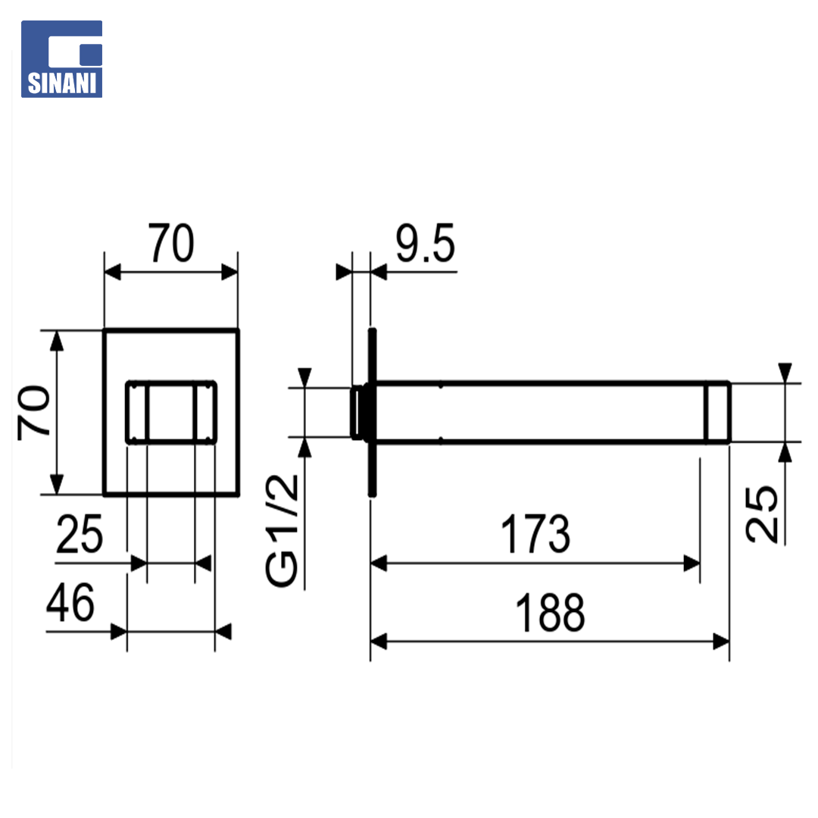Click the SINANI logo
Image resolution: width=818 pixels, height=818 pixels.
61,59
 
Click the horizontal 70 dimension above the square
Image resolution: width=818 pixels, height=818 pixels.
171,243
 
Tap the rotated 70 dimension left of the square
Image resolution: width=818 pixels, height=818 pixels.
34,413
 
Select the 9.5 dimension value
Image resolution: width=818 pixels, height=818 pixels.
425,243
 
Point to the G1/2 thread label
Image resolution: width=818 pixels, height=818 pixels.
283,530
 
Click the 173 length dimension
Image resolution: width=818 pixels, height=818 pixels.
535,534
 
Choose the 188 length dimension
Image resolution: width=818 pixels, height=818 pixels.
550,613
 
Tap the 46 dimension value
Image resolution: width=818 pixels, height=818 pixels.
70,603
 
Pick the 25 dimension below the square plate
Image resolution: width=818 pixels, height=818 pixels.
80,534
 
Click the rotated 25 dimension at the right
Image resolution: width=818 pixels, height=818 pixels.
762,514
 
